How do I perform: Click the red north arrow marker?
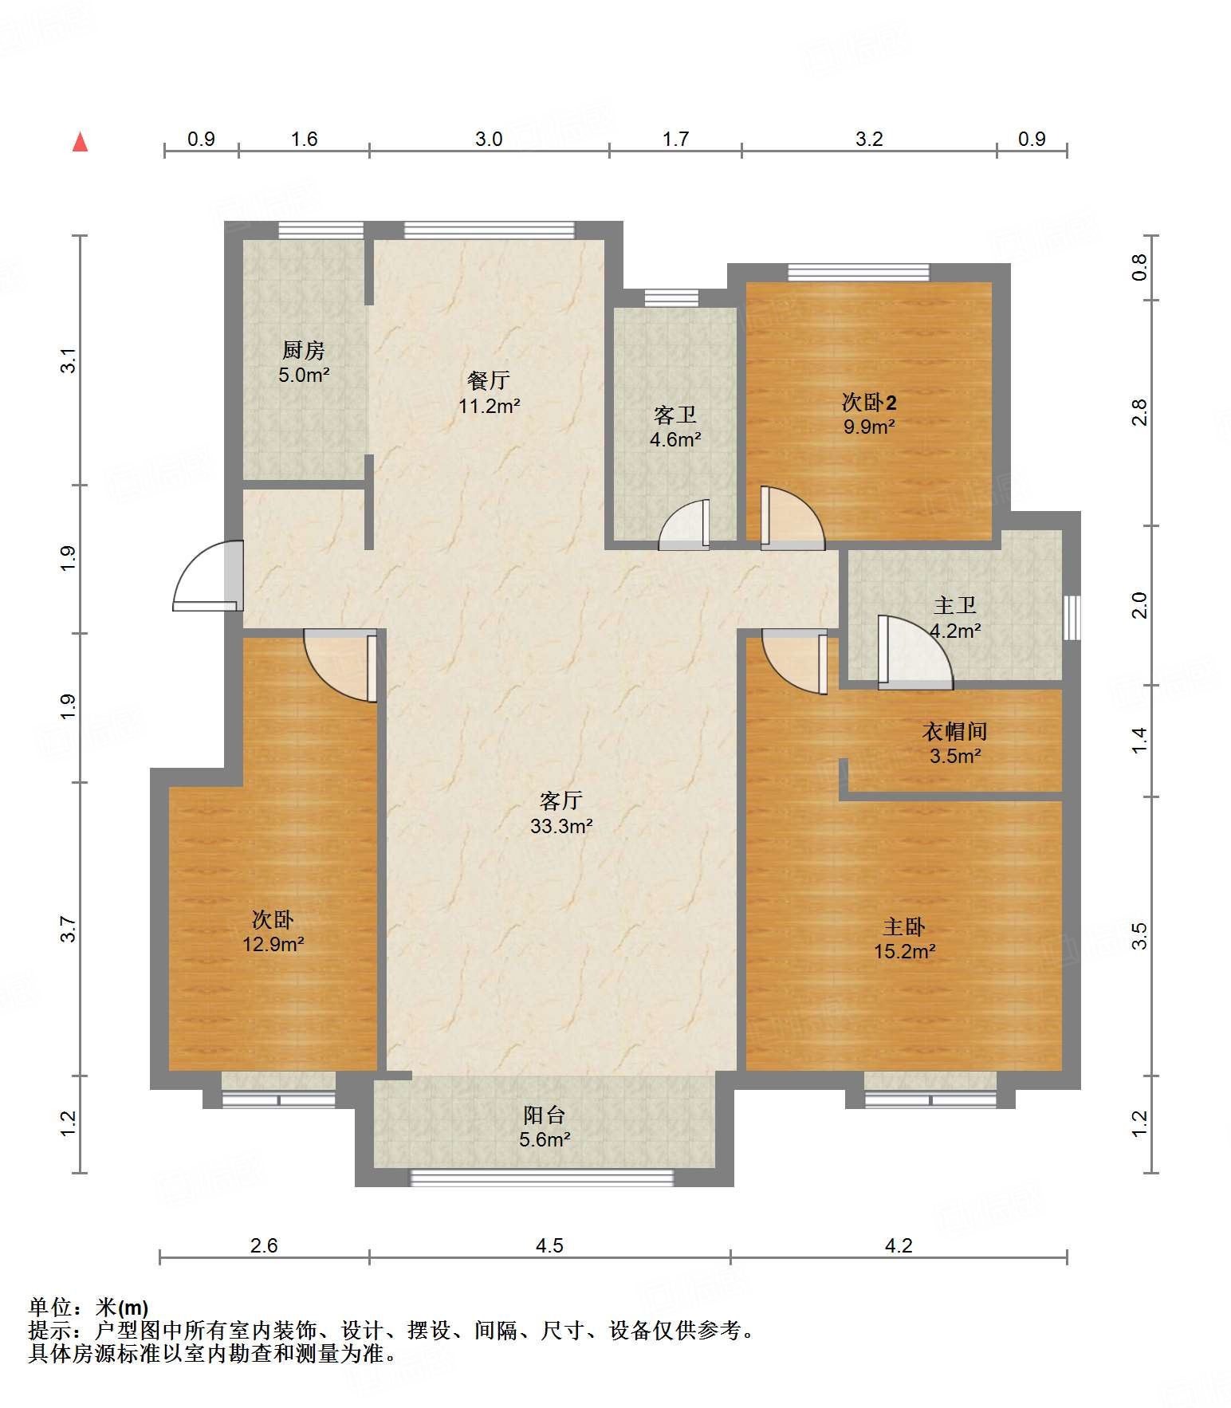click(80, 142)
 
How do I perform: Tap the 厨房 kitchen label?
click(304, 350)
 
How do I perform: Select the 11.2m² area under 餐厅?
click(489, 406)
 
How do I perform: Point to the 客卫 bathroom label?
click(675, 415)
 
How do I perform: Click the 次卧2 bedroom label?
click(869, 402)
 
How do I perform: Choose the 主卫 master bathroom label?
click(955, 606)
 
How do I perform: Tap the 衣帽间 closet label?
click(955, 731)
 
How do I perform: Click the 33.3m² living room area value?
click(561, 826)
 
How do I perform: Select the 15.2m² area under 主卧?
click(904, 951)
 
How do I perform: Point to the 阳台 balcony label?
click(545, 1115)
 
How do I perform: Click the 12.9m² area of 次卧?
click(273, 945)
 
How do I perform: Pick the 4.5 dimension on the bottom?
click(549, 1245)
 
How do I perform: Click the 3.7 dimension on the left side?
click(68, 930)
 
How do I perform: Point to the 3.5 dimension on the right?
click(1140, 936)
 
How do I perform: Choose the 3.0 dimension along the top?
click(489, 139)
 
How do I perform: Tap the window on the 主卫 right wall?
click(1072, 617)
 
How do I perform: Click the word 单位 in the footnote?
click(50, 1307)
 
